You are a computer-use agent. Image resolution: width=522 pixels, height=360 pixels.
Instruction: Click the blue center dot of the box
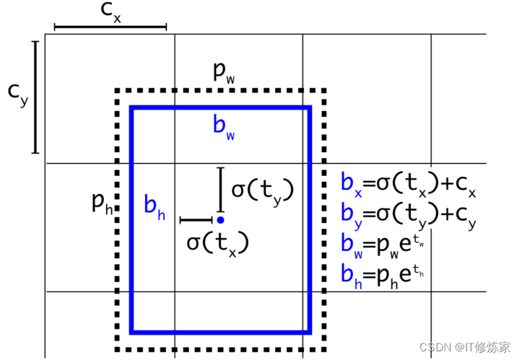tap(220, 219)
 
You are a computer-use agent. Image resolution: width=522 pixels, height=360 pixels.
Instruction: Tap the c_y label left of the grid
tap(17, 95)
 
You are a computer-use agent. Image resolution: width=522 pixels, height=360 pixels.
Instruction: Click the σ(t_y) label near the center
tap(261, 190)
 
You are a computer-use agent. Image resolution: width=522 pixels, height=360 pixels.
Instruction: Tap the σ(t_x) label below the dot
tap(217, 242)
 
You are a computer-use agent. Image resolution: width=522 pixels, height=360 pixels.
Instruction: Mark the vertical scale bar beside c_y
tap(35, 97)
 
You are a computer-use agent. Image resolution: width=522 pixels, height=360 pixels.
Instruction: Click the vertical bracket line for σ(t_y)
tap(221, 188)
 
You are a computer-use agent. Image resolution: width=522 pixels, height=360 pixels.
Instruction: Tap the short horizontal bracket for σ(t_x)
tap(195, 220)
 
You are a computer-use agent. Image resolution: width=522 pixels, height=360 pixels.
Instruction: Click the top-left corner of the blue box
tap(131, 108)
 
